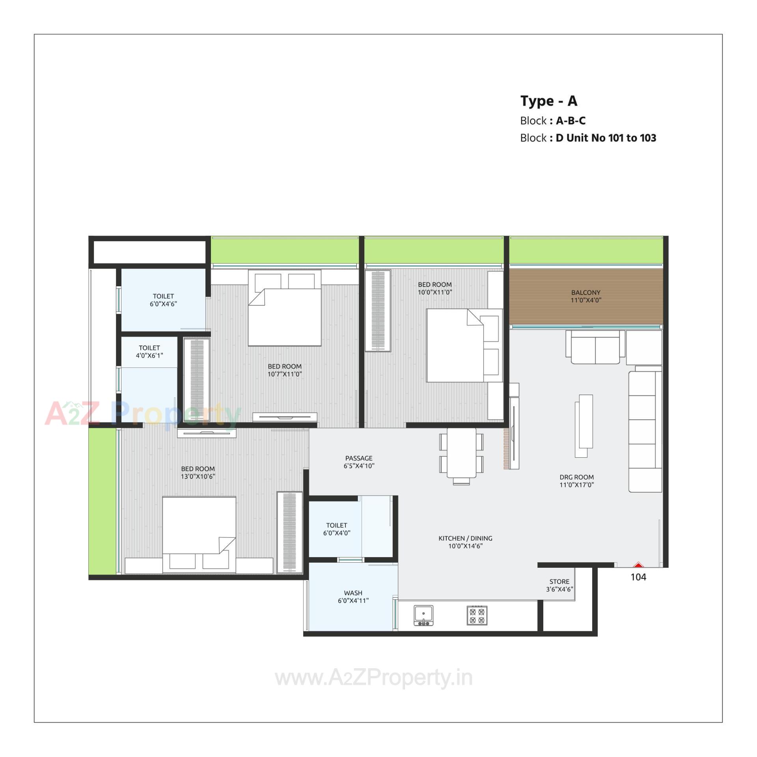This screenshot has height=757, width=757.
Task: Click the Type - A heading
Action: coord(548,101)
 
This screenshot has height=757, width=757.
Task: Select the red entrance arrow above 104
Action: coord(638,565)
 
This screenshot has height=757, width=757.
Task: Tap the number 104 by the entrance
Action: coord(638,577)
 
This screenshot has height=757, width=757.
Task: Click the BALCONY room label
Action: coord(585,293)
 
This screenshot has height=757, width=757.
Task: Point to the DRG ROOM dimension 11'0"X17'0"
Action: coord(576,485)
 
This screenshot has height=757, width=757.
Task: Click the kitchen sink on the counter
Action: coord(423,615)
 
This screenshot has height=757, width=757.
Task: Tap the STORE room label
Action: coord(559,582)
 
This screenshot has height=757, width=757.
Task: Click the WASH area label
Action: coord(353,593)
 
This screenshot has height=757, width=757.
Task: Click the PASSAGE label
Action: coord(358,458)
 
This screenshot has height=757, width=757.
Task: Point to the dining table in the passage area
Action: coord(461,453)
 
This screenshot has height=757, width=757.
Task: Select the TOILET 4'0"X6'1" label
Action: coord(149,352)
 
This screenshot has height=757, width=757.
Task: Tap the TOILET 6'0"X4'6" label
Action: coord(163,300)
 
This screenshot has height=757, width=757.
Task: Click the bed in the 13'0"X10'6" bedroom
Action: coord(199,534)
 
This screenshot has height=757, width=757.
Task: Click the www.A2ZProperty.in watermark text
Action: coord(373,678)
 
